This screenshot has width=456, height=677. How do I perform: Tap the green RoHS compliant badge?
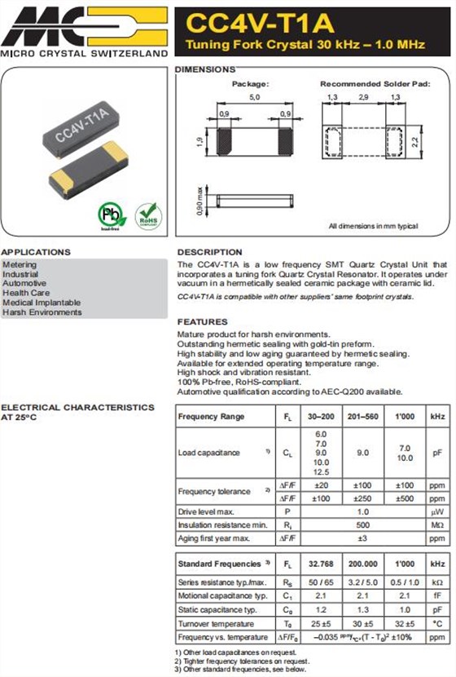148,215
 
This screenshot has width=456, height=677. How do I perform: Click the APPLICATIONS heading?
36,252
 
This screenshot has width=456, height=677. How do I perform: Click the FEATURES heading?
202,322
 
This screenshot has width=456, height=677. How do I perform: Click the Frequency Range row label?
211,417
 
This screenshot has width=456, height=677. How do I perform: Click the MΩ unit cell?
437,524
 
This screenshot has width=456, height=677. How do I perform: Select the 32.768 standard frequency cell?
320,564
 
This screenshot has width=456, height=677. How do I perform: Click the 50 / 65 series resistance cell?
320,582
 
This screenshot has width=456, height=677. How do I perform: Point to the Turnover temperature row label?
216,623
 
